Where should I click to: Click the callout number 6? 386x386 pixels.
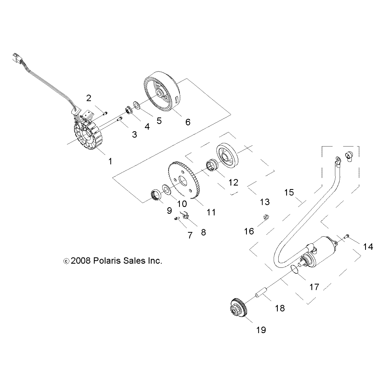click(188, 122)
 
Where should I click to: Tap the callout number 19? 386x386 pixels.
click(261, 330)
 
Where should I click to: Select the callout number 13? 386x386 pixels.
click(265, 202)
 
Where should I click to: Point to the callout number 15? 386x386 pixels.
click(289, 192)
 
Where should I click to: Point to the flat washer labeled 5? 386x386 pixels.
click(137, 105)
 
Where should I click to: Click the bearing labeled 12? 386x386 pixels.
click(212, 165)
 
